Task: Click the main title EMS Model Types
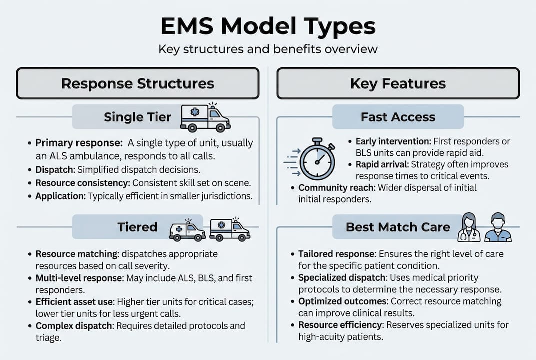(268, 26)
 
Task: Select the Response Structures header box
(138, 83)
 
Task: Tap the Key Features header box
(398, 83)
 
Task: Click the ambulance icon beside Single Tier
(205, 118)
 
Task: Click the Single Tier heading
(137, 117)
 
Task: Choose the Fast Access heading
(398, 117)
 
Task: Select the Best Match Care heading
(398, 227)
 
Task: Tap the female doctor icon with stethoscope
(472, 228)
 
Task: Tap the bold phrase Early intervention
(393, 141)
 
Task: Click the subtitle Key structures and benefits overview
(268, 49)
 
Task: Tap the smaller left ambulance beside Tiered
(187, 231)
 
